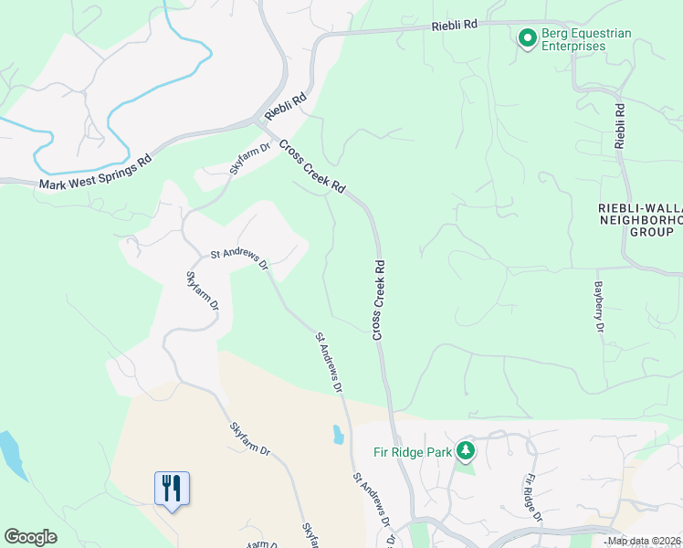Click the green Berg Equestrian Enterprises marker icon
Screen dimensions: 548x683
tap(527, 38)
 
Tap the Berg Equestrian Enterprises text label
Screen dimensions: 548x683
tap(586, 39)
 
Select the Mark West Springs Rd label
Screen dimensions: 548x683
tap(94, 174)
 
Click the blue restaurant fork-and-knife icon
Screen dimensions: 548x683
tap(172, 488)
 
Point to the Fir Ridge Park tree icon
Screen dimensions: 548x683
tap(466, 450)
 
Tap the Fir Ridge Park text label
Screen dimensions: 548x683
tap(414, 451)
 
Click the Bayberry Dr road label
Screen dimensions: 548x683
tap(599, 300)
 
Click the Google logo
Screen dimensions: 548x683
tap(30, 537)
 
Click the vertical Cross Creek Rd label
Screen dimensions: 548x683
tap(378, 300)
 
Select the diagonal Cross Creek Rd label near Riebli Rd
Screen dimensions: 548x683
tap(312, 165)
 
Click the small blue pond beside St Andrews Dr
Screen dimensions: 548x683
tap(339, 435)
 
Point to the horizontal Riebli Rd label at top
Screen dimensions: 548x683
tap(455, 26)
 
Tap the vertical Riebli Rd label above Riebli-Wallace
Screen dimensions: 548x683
tap(620, 126)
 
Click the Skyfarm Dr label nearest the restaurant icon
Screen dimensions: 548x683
tap(249, 439)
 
